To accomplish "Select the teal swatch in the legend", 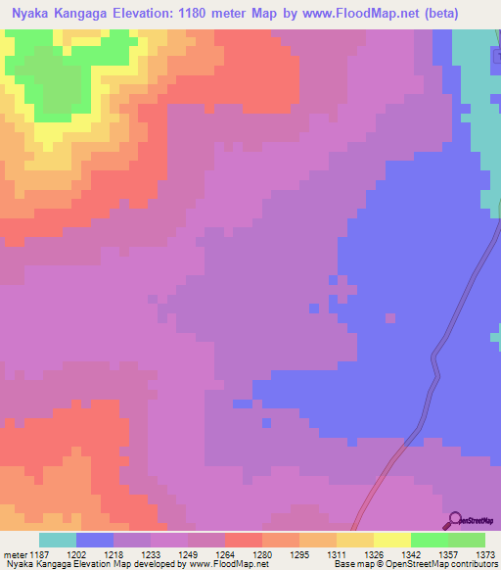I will point(58,540).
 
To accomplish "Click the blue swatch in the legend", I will point(95,540).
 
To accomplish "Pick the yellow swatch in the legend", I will point(355,540).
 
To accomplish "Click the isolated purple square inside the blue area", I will point(390,317).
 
